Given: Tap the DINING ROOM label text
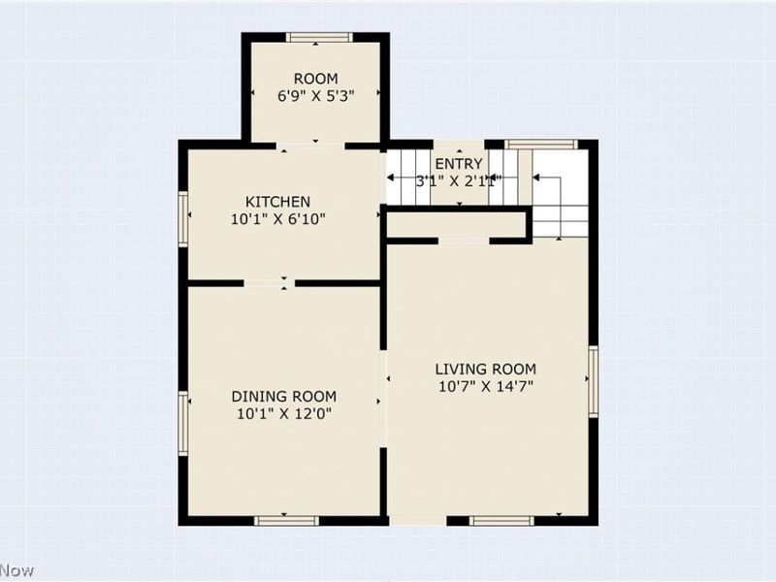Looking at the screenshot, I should click(283, 396).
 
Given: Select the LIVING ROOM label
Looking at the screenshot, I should click(485, 369).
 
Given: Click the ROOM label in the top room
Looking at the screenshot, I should click(316, 79).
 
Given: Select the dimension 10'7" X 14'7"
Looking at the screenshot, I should click(485, 387).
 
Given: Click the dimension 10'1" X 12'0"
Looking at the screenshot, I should click(283, 414).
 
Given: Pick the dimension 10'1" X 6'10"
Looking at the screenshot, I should click(277, 219).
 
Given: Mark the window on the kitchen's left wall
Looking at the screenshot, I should click(182, 218).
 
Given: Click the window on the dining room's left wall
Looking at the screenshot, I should click(182, 423).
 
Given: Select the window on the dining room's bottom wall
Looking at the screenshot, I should click(286, 521).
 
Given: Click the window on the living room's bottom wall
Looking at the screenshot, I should click(501, 521).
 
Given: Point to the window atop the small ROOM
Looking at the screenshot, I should click(319, 38).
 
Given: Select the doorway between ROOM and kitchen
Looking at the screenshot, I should click(311, 145).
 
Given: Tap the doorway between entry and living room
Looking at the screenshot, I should click(464, 240).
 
